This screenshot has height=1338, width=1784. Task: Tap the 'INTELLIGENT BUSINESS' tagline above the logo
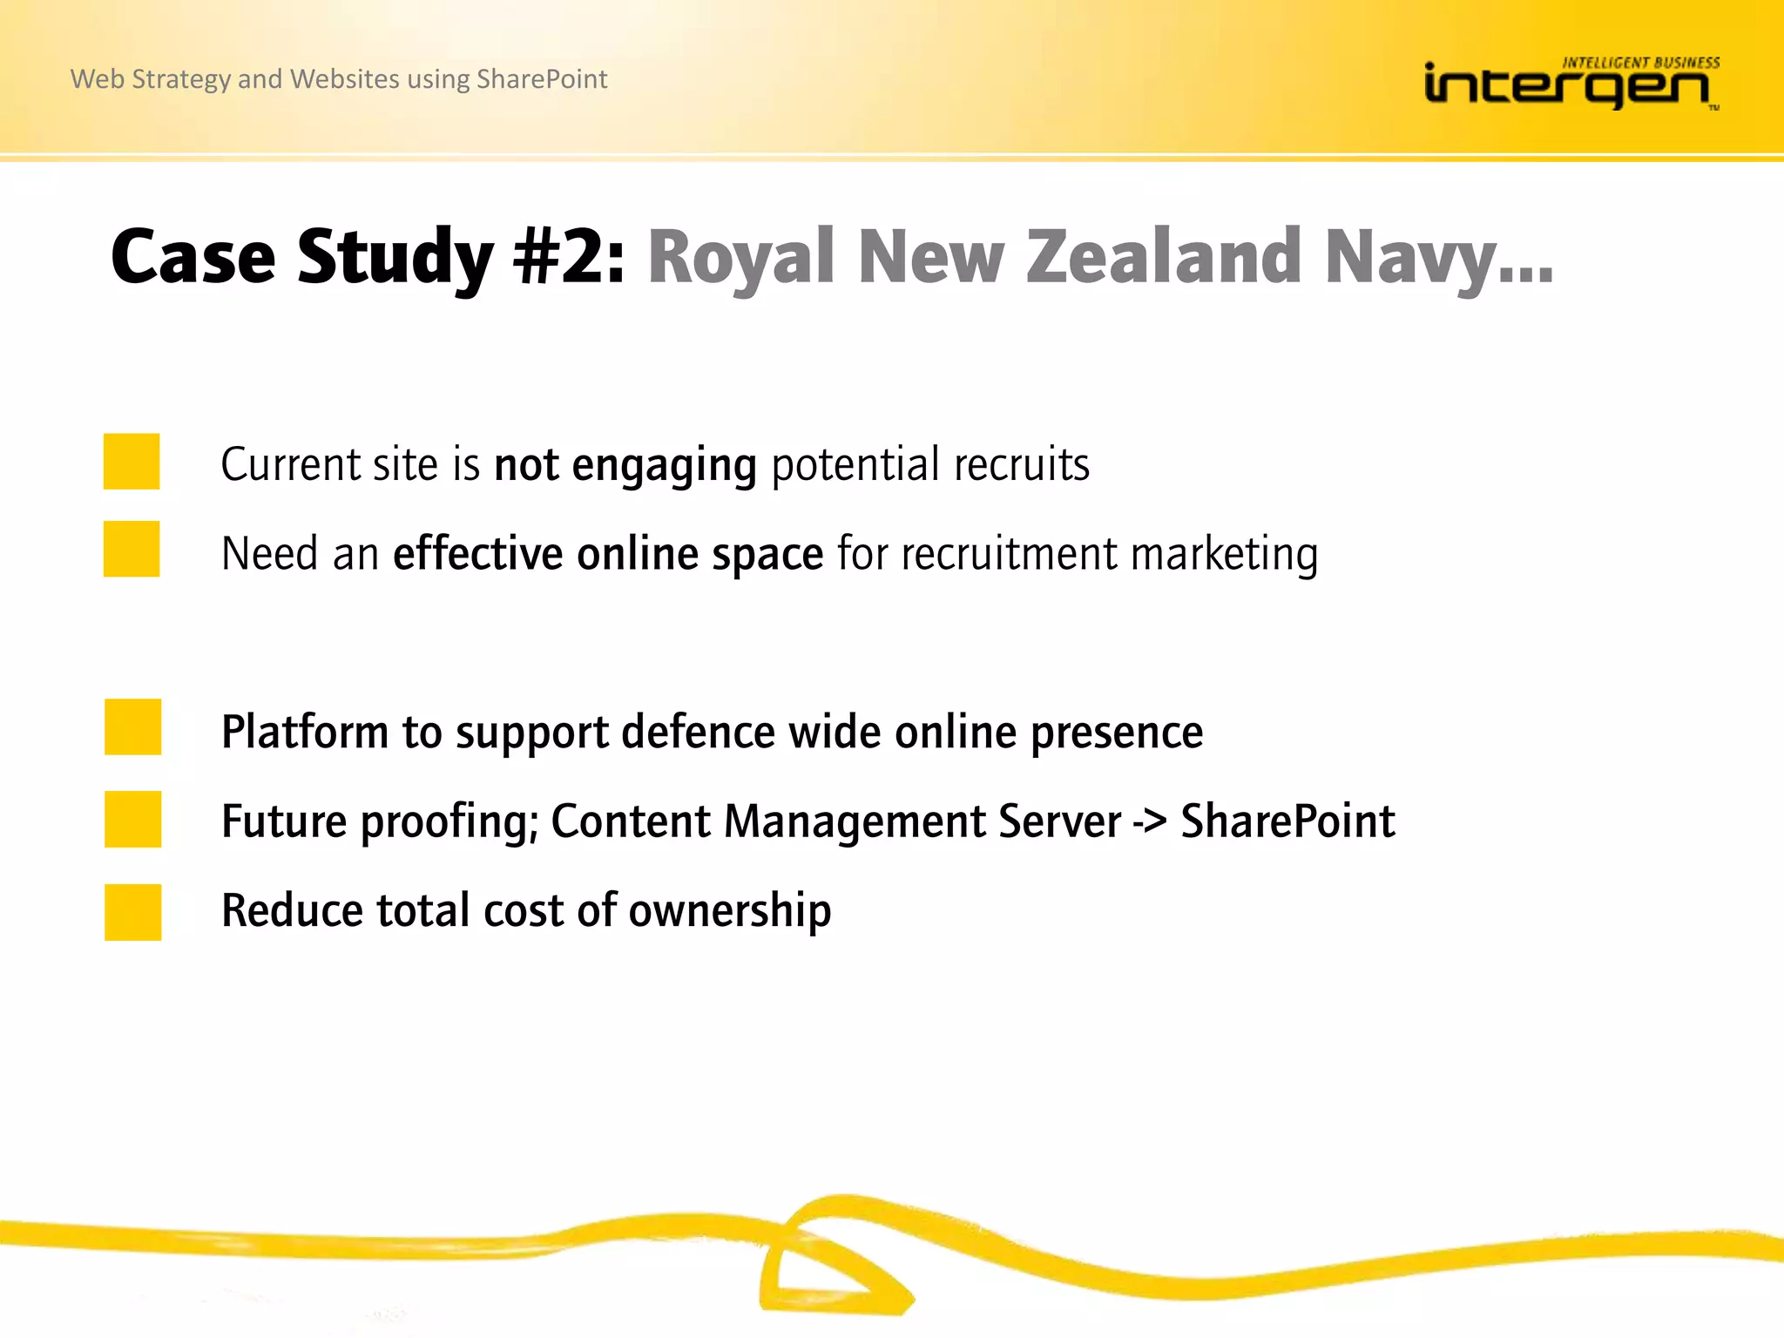click(1640, 63)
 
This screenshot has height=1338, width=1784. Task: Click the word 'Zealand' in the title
click(1164, 257)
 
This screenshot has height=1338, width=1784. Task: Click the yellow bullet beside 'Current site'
click(132, 462)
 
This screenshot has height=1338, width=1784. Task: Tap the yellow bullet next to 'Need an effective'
click(132, 549)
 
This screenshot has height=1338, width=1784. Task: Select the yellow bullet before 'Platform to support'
click(132, 726)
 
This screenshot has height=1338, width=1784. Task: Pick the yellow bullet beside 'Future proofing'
click(132, 819)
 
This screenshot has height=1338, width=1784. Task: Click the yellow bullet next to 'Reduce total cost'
click(132, 912)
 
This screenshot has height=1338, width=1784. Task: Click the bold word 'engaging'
click(664, 465)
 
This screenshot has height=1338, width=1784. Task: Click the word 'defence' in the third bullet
click(698, 732)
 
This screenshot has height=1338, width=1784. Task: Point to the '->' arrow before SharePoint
click(1150, 821)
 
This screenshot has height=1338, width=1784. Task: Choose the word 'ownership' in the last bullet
click(730, 912)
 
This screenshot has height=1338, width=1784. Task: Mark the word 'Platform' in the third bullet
click(305, 732)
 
